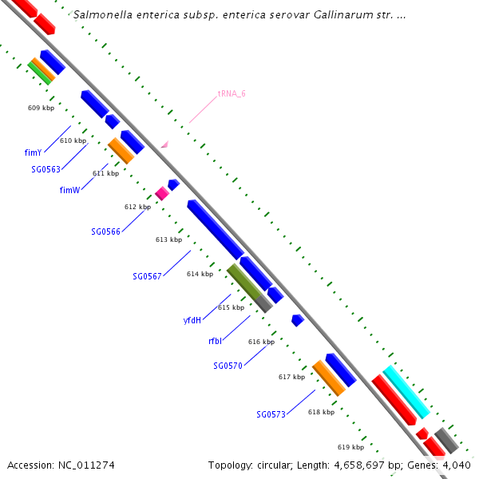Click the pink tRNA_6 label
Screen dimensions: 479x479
(232, 93)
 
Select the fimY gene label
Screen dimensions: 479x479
(33, 152)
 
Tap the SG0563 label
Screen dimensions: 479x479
(47, 169)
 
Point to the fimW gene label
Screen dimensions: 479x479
(69, 190)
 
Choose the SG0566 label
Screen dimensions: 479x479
(105, 232)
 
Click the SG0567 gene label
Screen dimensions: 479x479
(147, 276)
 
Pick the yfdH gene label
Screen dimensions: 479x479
(192, 320)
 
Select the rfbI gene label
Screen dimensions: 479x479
(215, 341)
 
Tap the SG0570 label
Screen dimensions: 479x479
(228, 366)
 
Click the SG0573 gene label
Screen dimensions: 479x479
(271, 414)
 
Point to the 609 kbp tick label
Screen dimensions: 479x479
(41, 108)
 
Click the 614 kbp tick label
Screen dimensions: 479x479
(200, 274)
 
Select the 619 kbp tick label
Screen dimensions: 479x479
(350, 447)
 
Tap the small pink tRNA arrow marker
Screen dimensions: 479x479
(164, 144)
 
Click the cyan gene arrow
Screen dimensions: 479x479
(406, 391)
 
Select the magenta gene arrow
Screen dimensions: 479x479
(161, 193)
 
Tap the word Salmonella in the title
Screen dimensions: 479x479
(101, 14)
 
